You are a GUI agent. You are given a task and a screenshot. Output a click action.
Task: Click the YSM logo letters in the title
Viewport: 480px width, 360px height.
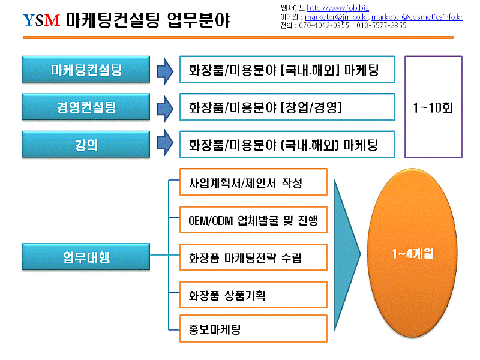point(41,20)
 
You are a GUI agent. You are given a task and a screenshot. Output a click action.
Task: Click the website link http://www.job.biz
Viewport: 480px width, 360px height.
point(338,8)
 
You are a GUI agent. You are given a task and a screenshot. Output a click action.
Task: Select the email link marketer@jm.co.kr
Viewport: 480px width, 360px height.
point(337,17)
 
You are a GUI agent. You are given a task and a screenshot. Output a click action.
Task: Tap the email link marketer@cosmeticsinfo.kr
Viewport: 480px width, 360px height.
point(417,17)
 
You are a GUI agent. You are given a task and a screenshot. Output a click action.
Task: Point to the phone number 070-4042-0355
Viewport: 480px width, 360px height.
point(324,25)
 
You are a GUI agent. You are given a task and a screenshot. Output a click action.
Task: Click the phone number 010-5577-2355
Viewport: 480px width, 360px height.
point(382,25)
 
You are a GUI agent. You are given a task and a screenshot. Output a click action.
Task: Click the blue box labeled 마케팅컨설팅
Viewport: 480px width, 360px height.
point(86,70)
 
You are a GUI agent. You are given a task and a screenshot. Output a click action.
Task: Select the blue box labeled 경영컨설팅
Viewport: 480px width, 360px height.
point(86,107)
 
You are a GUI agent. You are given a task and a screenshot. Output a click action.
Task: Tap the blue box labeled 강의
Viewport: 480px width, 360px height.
point(86,145)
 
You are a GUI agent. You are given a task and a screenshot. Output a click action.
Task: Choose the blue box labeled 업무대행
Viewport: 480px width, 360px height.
point(86,257)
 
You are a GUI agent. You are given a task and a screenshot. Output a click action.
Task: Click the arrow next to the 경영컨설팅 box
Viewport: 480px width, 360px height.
point(166,109)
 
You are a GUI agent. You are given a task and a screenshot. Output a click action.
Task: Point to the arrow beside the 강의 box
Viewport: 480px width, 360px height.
point(166,143)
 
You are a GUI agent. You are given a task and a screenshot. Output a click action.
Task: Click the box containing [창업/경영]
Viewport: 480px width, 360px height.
point(287,107)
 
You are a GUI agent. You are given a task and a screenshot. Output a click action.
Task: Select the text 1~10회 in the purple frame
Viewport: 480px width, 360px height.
point(433,108)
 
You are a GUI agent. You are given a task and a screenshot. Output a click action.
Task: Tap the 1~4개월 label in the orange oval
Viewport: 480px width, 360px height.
point(413,253)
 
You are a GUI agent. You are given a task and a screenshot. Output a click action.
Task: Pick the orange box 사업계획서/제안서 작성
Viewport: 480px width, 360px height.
point(253,182)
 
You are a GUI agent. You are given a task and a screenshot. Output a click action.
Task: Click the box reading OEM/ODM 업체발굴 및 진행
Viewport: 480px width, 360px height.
point(253,220)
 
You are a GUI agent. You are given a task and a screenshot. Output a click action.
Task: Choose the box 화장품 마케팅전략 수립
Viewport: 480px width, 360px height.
point(253,257)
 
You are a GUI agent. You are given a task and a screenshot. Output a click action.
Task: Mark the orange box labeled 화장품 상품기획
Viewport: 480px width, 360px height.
point(253,295)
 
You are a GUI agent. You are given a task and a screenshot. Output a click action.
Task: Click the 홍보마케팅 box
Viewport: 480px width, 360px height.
point(253,328)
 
